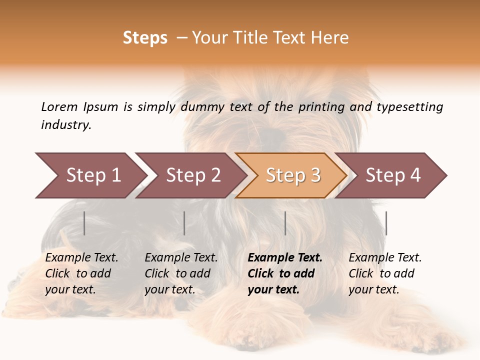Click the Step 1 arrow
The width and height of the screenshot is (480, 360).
click(90, 175)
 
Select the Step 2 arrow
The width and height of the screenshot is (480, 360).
click(190, 175)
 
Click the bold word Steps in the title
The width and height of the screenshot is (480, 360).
click(145, 38)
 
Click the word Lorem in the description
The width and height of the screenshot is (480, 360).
click(59, 106)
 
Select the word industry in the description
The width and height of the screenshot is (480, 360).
click(65, 125)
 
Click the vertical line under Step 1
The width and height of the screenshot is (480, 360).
click(84, 223)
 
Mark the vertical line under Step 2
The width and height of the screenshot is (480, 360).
click(184, 223)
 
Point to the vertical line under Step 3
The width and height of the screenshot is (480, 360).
click(285, 223)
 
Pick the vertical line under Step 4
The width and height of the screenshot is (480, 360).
click(386, 223)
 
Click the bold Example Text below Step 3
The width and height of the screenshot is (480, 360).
click(285, 258)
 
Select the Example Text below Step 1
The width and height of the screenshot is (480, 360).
click(81, 258)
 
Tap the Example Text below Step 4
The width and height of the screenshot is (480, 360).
click(385, 258)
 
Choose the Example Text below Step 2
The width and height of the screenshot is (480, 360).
click(181, 258)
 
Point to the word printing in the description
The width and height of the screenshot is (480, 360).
click(322, 106)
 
